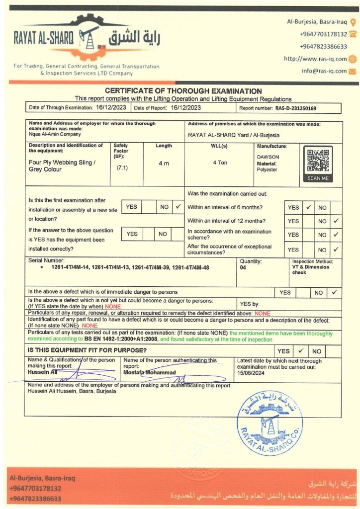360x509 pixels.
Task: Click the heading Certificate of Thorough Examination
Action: (183, 91)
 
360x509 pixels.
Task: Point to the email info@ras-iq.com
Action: (324, 71)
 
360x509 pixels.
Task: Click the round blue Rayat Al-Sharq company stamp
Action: (270, 423)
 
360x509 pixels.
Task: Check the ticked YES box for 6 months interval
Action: (308, 207)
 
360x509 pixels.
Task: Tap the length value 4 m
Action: (164, 163)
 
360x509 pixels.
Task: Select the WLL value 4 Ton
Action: (220, 163)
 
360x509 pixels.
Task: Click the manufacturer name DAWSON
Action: (268, 157)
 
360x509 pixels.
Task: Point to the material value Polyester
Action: (267, 170)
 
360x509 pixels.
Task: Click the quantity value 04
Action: (244, 267)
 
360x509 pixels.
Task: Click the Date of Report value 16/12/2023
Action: (185, 107)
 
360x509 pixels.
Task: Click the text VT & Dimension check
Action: (310, 269)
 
